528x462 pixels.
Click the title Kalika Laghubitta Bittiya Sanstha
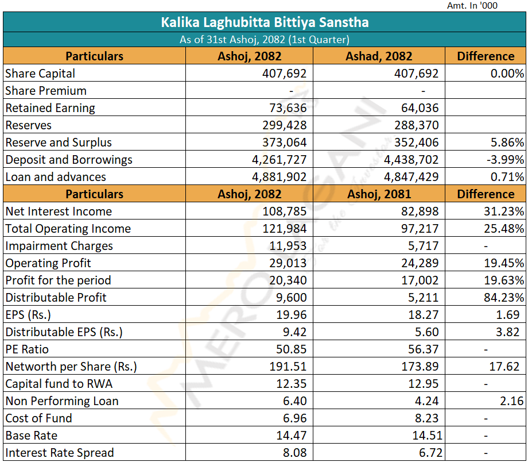(265, 22)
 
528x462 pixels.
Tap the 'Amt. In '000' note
(472, 6)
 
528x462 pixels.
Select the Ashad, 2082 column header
(379, 56)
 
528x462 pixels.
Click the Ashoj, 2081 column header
(379, 194)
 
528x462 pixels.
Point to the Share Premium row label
(46, 91)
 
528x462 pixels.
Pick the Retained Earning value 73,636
(288, 108)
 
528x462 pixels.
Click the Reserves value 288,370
(417, 125)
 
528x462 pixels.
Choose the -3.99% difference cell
(504, 160)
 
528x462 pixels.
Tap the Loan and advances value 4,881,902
(280, 177)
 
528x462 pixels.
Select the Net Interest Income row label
(59, 211)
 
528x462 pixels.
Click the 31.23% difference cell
(504, 211)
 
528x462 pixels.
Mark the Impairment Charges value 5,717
(425, 246)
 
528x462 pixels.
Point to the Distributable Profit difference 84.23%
(504, 298)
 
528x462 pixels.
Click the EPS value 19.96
(292, 315)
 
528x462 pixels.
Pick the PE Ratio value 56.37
(424, 349)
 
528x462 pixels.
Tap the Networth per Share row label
(71, 367)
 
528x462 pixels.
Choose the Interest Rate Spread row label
(60, 453)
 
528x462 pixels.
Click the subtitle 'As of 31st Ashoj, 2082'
(265, 40)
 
